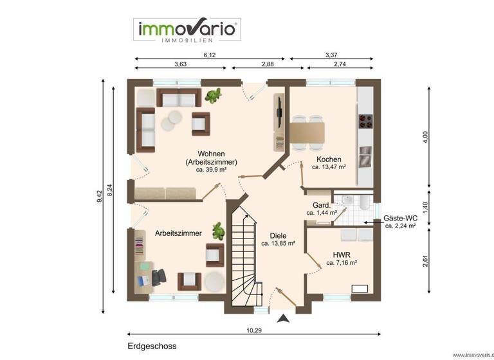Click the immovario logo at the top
187,30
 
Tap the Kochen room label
329,159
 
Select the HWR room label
341,254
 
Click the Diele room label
279,235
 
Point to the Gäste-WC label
400,218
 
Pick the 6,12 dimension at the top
210,55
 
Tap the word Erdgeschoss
152,346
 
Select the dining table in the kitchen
308,133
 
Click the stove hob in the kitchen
365,121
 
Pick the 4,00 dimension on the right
425,138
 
